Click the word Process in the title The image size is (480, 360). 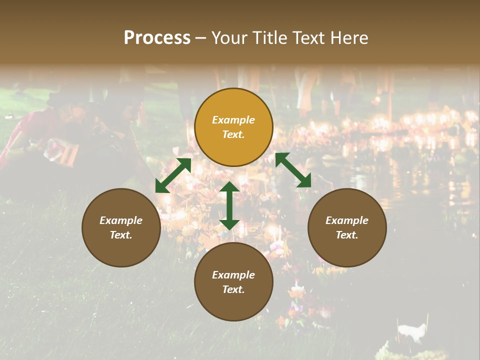coord(157,38)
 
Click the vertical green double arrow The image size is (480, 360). coord(229,205)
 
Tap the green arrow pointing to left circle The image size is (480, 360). coord(173,175)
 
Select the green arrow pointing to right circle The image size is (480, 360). coord(293,170)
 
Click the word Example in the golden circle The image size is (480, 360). coord(233,120)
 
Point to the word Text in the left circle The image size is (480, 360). coord(121,235)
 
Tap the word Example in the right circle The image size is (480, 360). coord(347,220)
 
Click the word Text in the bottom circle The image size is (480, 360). coord(233,289)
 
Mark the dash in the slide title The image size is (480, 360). coord(201,38)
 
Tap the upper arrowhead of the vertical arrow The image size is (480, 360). coord(229,187)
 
